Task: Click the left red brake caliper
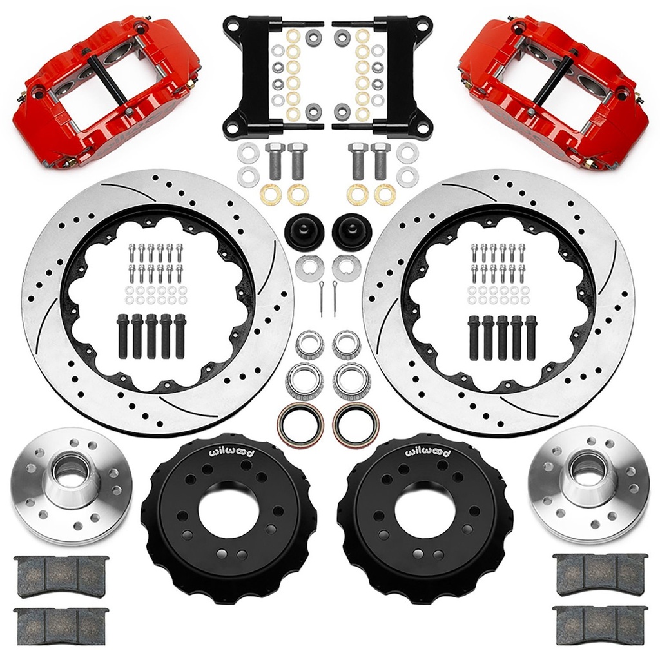pyautogui.click(x=105, y=93)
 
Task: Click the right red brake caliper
pyautogui.click(x=555, y=93)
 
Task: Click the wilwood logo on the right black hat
pyautogui.click(x=428, y=453)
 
